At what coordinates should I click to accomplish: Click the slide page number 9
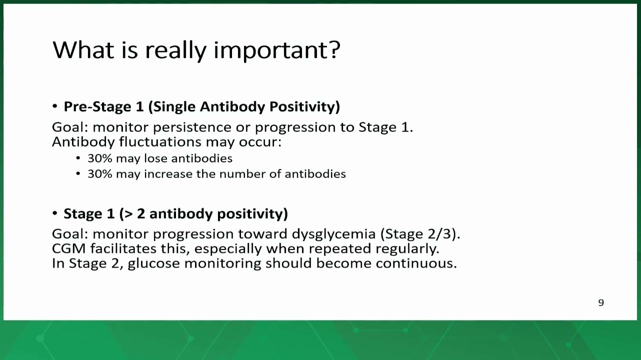tap(601, 302)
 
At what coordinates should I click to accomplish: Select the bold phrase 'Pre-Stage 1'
tap(103, 106)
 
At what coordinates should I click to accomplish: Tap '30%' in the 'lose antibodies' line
tap(100, 158)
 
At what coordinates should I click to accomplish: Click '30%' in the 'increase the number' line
tap(100, 174)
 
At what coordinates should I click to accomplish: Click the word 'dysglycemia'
tap(333, 234)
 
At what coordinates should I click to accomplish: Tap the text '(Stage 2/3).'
tap(420, 234)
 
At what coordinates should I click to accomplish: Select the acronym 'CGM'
tap(69, 248)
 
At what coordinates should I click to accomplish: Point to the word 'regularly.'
tap(407, 249)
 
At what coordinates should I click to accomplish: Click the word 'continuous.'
tap(416, 263)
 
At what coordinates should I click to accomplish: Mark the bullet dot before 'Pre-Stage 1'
tap(55, 106)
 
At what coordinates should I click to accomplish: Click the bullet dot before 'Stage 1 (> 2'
tap(55, 213)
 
